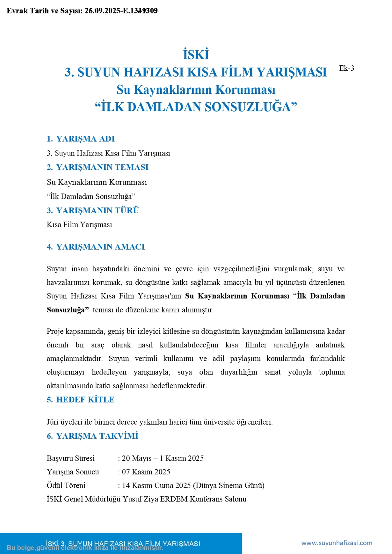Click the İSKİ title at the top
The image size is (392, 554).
coord(196,55)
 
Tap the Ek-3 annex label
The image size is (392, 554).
coord(346,68)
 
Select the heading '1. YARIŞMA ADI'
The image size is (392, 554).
coord(81,139)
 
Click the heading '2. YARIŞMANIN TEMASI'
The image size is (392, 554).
coord(98,167)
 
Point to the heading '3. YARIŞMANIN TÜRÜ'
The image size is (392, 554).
coord(93,211)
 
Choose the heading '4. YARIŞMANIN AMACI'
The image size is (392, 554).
coord(96,247)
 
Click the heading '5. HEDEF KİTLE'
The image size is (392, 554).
coord(81,400)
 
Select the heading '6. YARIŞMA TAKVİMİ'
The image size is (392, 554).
coord(92,436)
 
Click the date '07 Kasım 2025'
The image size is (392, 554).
coord(146,472)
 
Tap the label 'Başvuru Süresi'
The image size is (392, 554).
coord(71,458)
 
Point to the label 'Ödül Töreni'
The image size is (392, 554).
coord(66,485)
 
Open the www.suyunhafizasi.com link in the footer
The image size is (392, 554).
coord(337,543)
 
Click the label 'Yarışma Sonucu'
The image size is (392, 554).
coord(73,472)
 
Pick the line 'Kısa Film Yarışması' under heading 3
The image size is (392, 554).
coord(79,225)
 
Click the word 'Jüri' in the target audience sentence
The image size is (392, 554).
coord(52,422)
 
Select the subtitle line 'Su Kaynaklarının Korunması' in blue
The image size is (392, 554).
coord(196,90)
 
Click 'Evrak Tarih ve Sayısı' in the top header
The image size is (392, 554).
coord(44,11)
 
